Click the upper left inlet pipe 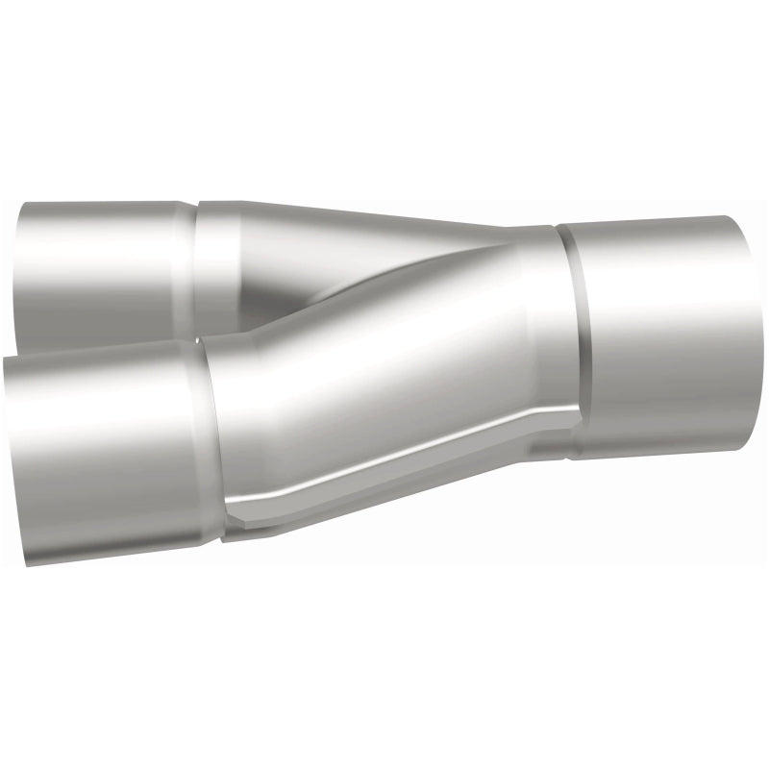[106, 260]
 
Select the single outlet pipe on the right [663, 336]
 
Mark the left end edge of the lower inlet [8, 452]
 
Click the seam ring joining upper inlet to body [196, 260]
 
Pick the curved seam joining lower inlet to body [213, 442]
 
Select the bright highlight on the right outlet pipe [663, 288]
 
